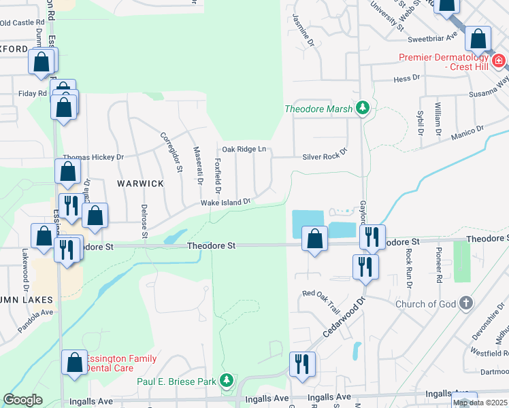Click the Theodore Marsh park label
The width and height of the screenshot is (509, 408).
point(318,109)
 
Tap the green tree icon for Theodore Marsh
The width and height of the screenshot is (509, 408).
point(363,108)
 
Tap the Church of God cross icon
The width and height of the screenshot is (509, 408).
point(466,303)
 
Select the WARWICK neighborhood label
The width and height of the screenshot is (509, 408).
point(140,184)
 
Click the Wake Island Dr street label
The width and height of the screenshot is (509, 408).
point(225,202)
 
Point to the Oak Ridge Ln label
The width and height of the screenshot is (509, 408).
point(242,150)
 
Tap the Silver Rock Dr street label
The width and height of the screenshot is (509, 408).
point(325,156)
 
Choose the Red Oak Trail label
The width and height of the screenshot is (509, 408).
point(321,293)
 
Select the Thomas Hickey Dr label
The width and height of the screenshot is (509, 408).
point(93,156)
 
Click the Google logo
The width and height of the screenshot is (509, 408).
point(22,400)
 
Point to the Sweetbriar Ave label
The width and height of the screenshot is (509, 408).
point(433,39)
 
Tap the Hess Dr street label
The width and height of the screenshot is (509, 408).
point(406,79)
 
